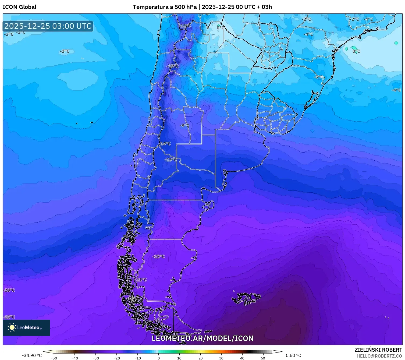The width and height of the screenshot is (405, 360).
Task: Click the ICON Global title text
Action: (19, 7)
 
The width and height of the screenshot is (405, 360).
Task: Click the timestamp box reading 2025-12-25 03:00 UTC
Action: (48, 26)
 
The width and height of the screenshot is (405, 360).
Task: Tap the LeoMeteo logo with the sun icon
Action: (26, 327)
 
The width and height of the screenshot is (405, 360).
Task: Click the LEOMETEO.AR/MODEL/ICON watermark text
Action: (202, 338)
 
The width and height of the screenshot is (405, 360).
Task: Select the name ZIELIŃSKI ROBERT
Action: (378, 350)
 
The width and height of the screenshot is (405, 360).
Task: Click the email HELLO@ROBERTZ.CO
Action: (379, 356)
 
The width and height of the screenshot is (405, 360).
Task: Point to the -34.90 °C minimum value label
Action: (32, 355)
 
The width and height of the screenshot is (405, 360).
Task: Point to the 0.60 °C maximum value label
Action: (293, 355)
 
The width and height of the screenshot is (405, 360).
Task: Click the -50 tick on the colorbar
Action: (54, 358)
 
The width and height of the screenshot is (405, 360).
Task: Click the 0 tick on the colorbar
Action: (159, 358)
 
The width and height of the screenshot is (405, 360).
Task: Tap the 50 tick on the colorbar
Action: (263, 358)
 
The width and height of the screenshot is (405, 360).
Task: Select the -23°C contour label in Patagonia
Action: (158, 256)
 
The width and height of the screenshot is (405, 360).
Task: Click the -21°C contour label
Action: (141, 280)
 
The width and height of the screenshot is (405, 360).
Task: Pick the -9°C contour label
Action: (184, 125)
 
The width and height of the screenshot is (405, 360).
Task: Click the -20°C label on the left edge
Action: (9, 290)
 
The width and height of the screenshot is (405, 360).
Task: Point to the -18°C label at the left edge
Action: (9, 317)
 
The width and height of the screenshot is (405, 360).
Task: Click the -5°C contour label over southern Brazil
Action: (319, 77)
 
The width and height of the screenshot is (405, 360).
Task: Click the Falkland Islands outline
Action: (246, 298)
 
